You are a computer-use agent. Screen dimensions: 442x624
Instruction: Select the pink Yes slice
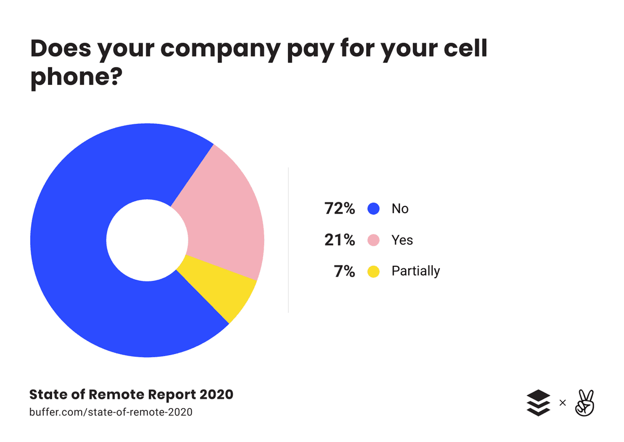(x=224, y=218)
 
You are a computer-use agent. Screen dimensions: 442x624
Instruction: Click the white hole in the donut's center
(x=147, y=240)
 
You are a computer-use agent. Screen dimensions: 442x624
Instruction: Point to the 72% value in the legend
(x=339, y=209)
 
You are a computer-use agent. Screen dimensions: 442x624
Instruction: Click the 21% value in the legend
(x=339, y=240)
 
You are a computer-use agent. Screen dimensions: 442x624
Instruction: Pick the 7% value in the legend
(x=344, y=271)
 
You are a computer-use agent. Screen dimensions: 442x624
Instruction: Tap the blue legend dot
(x=373, y=209)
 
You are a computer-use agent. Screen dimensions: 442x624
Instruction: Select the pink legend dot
(x=373, y=240)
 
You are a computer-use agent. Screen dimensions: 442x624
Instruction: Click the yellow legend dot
(x=373, y=271)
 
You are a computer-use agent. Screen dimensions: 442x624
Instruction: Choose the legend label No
(x=400, y=209)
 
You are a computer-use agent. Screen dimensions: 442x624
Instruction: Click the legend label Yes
(x=402, y=240)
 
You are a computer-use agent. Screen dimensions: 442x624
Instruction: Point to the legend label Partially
(x=415, y=271)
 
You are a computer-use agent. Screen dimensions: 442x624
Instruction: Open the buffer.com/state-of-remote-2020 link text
(x=111, y=412)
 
